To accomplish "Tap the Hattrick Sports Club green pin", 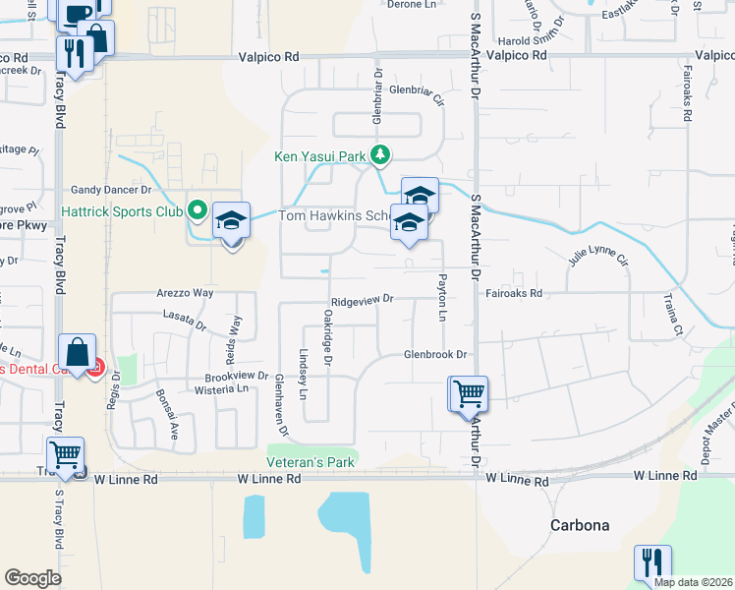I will pyautogui.click(x=198, y=210).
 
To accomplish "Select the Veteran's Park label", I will pyautogui.click(x=310, y=462).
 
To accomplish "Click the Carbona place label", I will pyautogui.click(x=579, y=525).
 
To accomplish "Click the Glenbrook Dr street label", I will pyautogui.click(x=434, y=354).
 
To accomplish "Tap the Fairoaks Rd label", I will pyautogui.click(x=514, y=293).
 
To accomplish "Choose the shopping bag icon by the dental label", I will pyautogui.click(x=77, y=351).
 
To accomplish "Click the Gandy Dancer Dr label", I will pyautogui.click(x=110, y=189).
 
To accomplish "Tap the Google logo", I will pyautogui.click(x=32, y=578).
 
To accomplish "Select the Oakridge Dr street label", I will pyautogui.click(x=327, y=334).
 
